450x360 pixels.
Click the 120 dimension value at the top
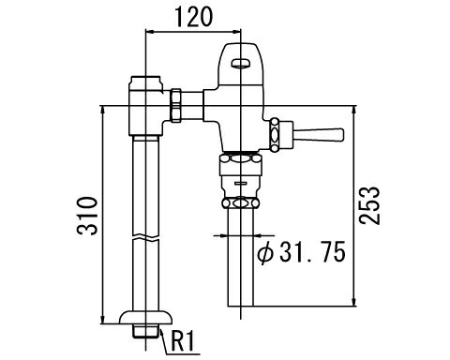193,17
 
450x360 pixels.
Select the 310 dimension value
88,216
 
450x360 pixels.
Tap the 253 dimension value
369,205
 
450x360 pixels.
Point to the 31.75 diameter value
312,251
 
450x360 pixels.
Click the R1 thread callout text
183,340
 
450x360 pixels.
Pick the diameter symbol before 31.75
265,252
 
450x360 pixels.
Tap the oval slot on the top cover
241,64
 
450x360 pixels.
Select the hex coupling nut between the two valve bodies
175,105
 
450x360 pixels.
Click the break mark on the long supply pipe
145,238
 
